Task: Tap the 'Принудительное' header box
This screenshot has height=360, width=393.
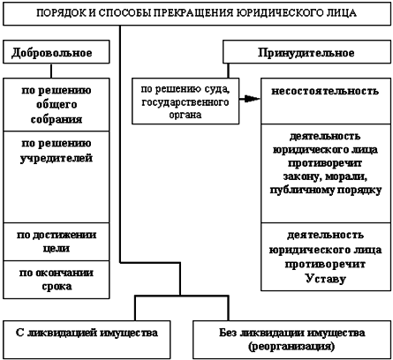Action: pyautogui.click(x=299, y=53)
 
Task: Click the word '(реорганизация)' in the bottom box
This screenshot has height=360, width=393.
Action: pyautogui.click(x=291, y=346)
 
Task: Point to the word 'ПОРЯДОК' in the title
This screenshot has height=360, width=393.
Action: pyautogui.click(x=63, y=15)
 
